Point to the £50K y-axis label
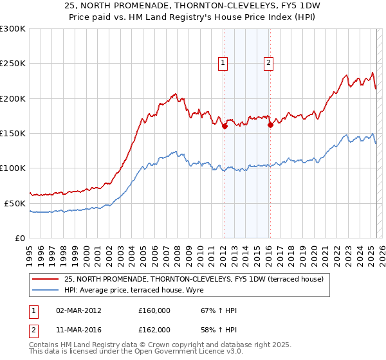[x=15, y=203]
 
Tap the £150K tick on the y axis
[x=12, y=133]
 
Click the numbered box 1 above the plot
[x=223, y=63]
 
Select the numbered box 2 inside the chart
[x=268, y=63]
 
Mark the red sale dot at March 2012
[x=225, y=127]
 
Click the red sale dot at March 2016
[x=270, y=125]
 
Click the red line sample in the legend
[x=46, y=280]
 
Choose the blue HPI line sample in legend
[x=46, y=291]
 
